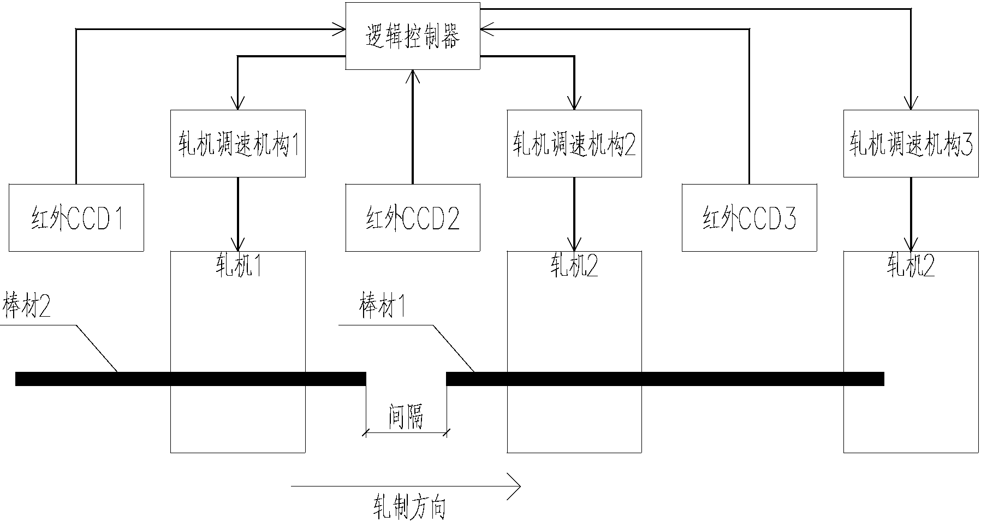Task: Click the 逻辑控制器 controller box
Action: (413, 36)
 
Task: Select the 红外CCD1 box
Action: (76, 218)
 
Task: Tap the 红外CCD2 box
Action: (413, 218)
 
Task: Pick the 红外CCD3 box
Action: (749, 218)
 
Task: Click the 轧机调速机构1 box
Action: (237, 144)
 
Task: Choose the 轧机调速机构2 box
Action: (574, 144)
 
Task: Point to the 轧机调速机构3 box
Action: (911, 144)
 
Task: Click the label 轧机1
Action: (238, 266)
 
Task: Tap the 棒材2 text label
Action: (27, 306)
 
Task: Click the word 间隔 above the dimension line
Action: (406, 417)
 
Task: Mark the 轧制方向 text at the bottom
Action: (409, 507)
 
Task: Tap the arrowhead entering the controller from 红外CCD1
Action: (341, 29)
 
